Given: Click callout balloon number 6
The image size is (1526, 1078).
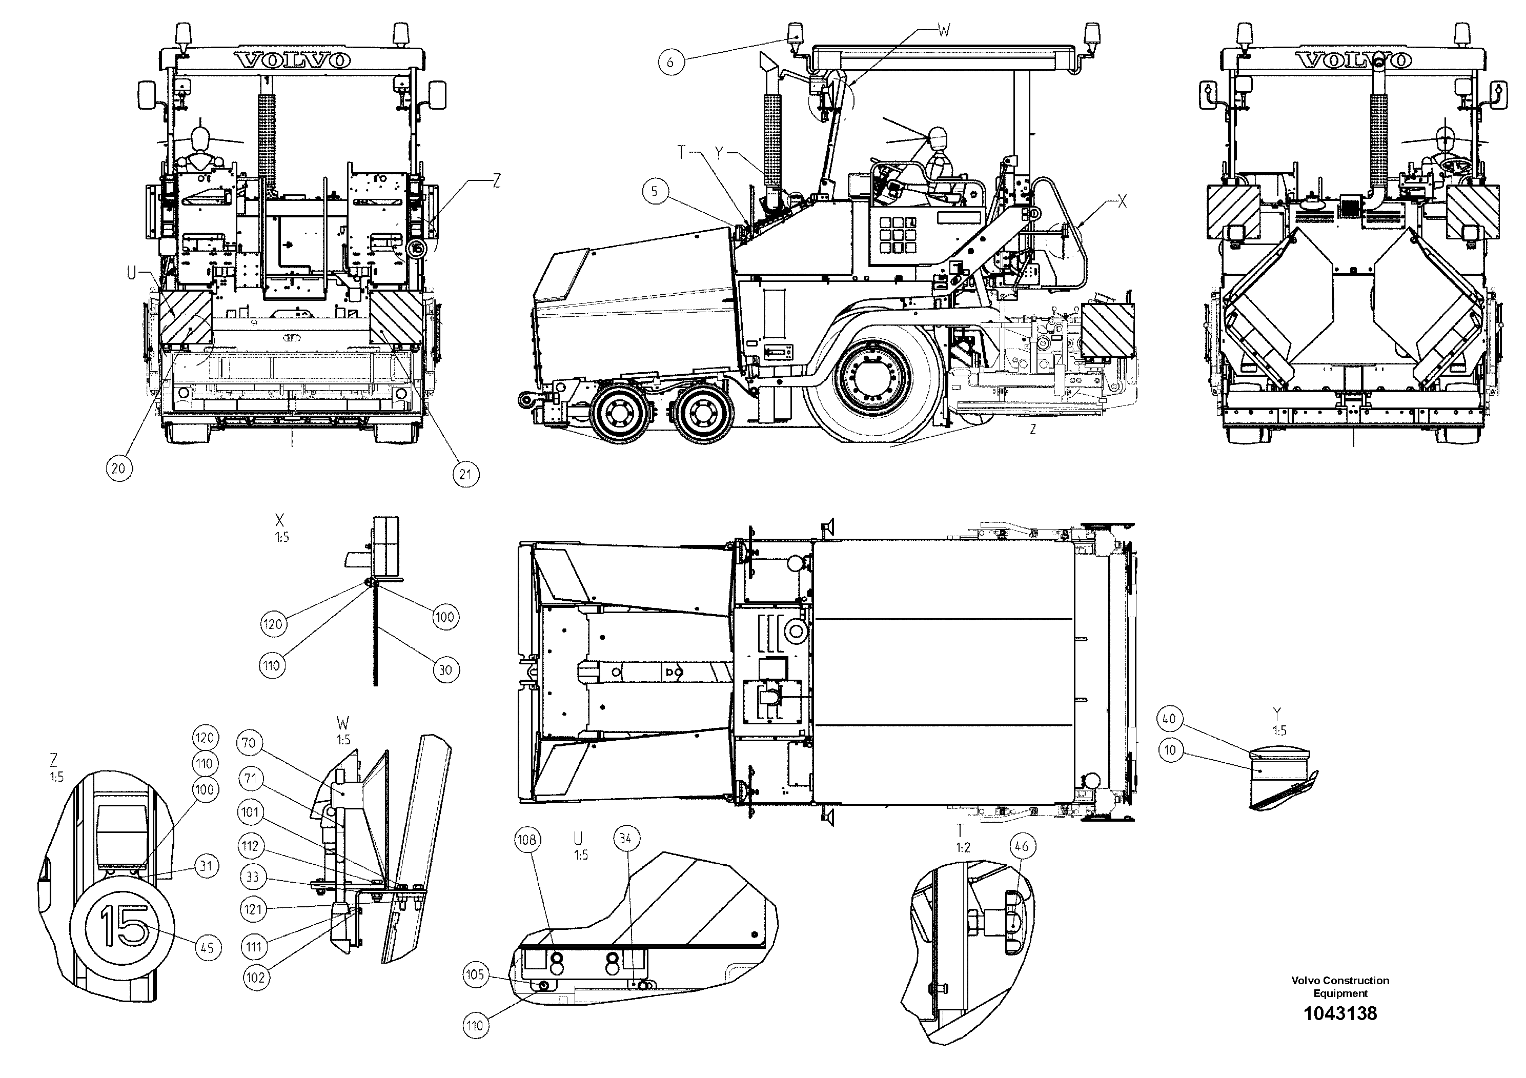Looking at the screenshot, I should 670,62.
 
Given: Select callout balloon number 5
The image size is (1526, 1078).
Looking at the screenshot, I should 655,191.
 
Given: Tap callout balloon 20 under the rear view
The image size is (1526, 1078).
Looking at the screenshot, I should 118,469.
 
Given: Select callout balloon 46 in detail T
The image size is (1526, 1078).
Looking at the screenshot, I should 1022,846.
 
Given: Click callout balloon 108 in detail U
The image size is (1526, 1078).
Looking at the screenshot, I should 526,840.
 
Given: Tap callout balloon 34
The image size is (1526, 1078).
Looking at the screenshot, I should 625,839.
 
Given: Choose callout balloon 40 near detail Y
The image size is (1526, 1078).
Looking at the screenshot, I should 1169,719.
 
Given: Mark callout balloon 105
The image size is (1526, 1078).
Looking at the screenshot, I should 475,975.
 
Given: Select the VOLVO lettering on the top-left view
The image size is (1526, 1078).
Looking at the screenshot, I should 293,60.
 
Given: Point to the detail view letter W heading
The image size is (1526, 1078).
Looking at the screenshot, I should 343,723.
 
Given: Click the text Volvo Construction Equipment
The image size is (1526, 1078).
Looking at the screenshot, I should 1340,986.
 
